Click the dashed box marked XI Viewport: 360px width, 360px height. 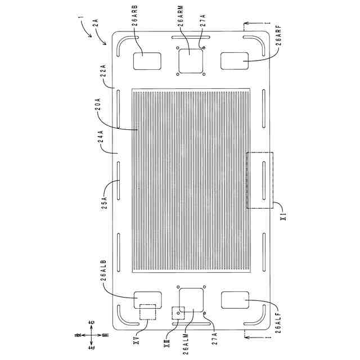[x=259, y=180]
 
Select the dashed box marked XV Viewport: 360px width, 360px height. [x=147, y=312]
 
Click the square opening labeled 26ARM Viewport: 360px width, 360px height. [x=191, y=60]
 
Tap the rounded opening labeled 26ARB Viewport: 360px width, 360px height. [x=147, y=61]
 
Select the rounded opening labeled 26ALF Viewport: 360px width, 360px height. [x=235, y=300]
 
